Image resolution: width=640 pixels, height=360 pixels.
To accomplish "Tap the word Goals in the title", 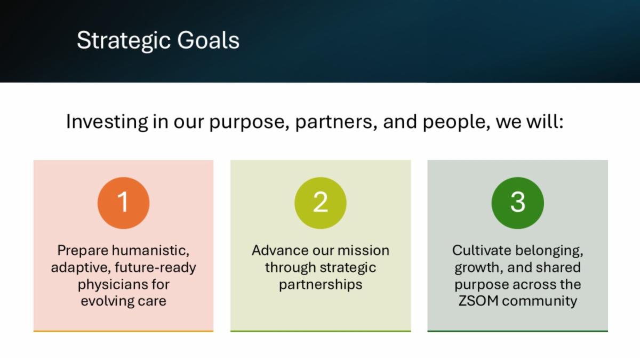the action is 209,40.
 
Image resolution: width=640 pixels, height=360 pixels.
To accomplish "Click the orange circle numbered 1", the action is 123,203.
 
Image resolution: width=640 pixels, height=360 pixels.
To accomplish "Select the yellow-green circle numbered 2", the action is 321,203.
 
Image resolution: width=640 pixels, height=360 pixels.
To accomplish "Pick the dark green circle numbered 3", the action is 518,203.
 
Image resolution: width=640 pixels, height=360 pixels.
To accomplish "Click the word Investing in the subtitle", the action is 107,122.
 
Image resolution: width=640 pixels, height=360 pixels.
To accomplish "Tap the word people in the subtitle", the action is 457,122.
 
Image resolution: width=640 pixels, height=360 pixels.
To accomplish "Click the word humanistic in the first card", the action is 151,251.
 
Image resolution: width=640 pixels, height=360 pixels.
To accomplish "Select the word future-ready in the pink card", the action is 155,268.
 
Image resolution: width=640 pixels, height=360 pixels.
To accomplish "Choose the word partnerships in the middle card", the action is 321,285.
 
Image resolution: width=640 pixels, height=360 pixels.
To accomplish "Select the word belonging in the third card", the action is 550,251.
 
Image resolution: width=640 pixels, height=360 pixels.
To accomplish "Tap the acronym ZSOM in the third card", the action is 478,301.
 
